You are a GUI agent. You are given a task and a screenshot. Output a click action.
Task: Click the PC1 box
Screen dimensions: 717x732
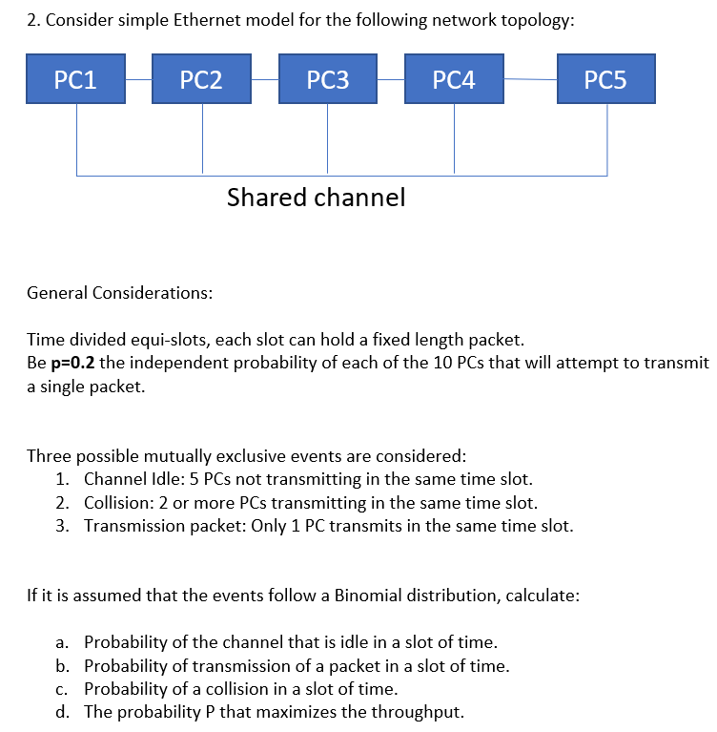[x=76, y=79]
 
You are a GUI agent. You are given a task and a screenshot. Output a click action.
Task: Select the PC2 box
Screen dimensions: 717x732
[x=202, y=79]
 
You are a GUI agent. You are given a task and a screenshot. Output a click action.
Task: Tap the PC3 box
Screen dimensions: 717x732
[x=328, y=79]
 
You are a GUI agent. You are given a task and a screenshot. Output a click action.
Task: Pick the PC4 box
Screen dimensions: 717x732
[x=454, y=79]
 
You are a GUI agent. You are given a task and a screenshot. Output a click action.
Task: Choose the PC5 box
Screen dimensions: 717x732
[x=606, y=79]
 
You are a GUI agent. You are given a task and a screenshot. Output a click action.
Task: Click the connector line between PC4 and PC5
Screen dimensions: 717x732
[x=529, y=79]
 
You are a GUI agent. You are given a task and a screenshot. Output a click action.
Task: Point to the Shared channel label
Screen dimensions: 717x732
[x=316, y=198]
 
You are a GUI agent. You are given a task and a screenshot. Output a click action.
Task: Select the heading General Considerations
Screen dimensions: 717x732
[x=119, y=292]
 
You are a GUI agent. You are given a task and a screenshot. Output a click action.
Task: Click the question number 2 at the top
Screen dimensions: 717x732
[x=31, y=22]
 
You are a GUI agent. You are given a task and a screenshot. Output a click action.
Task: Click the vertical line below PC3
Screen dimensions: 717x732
[x=328, y=138]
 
